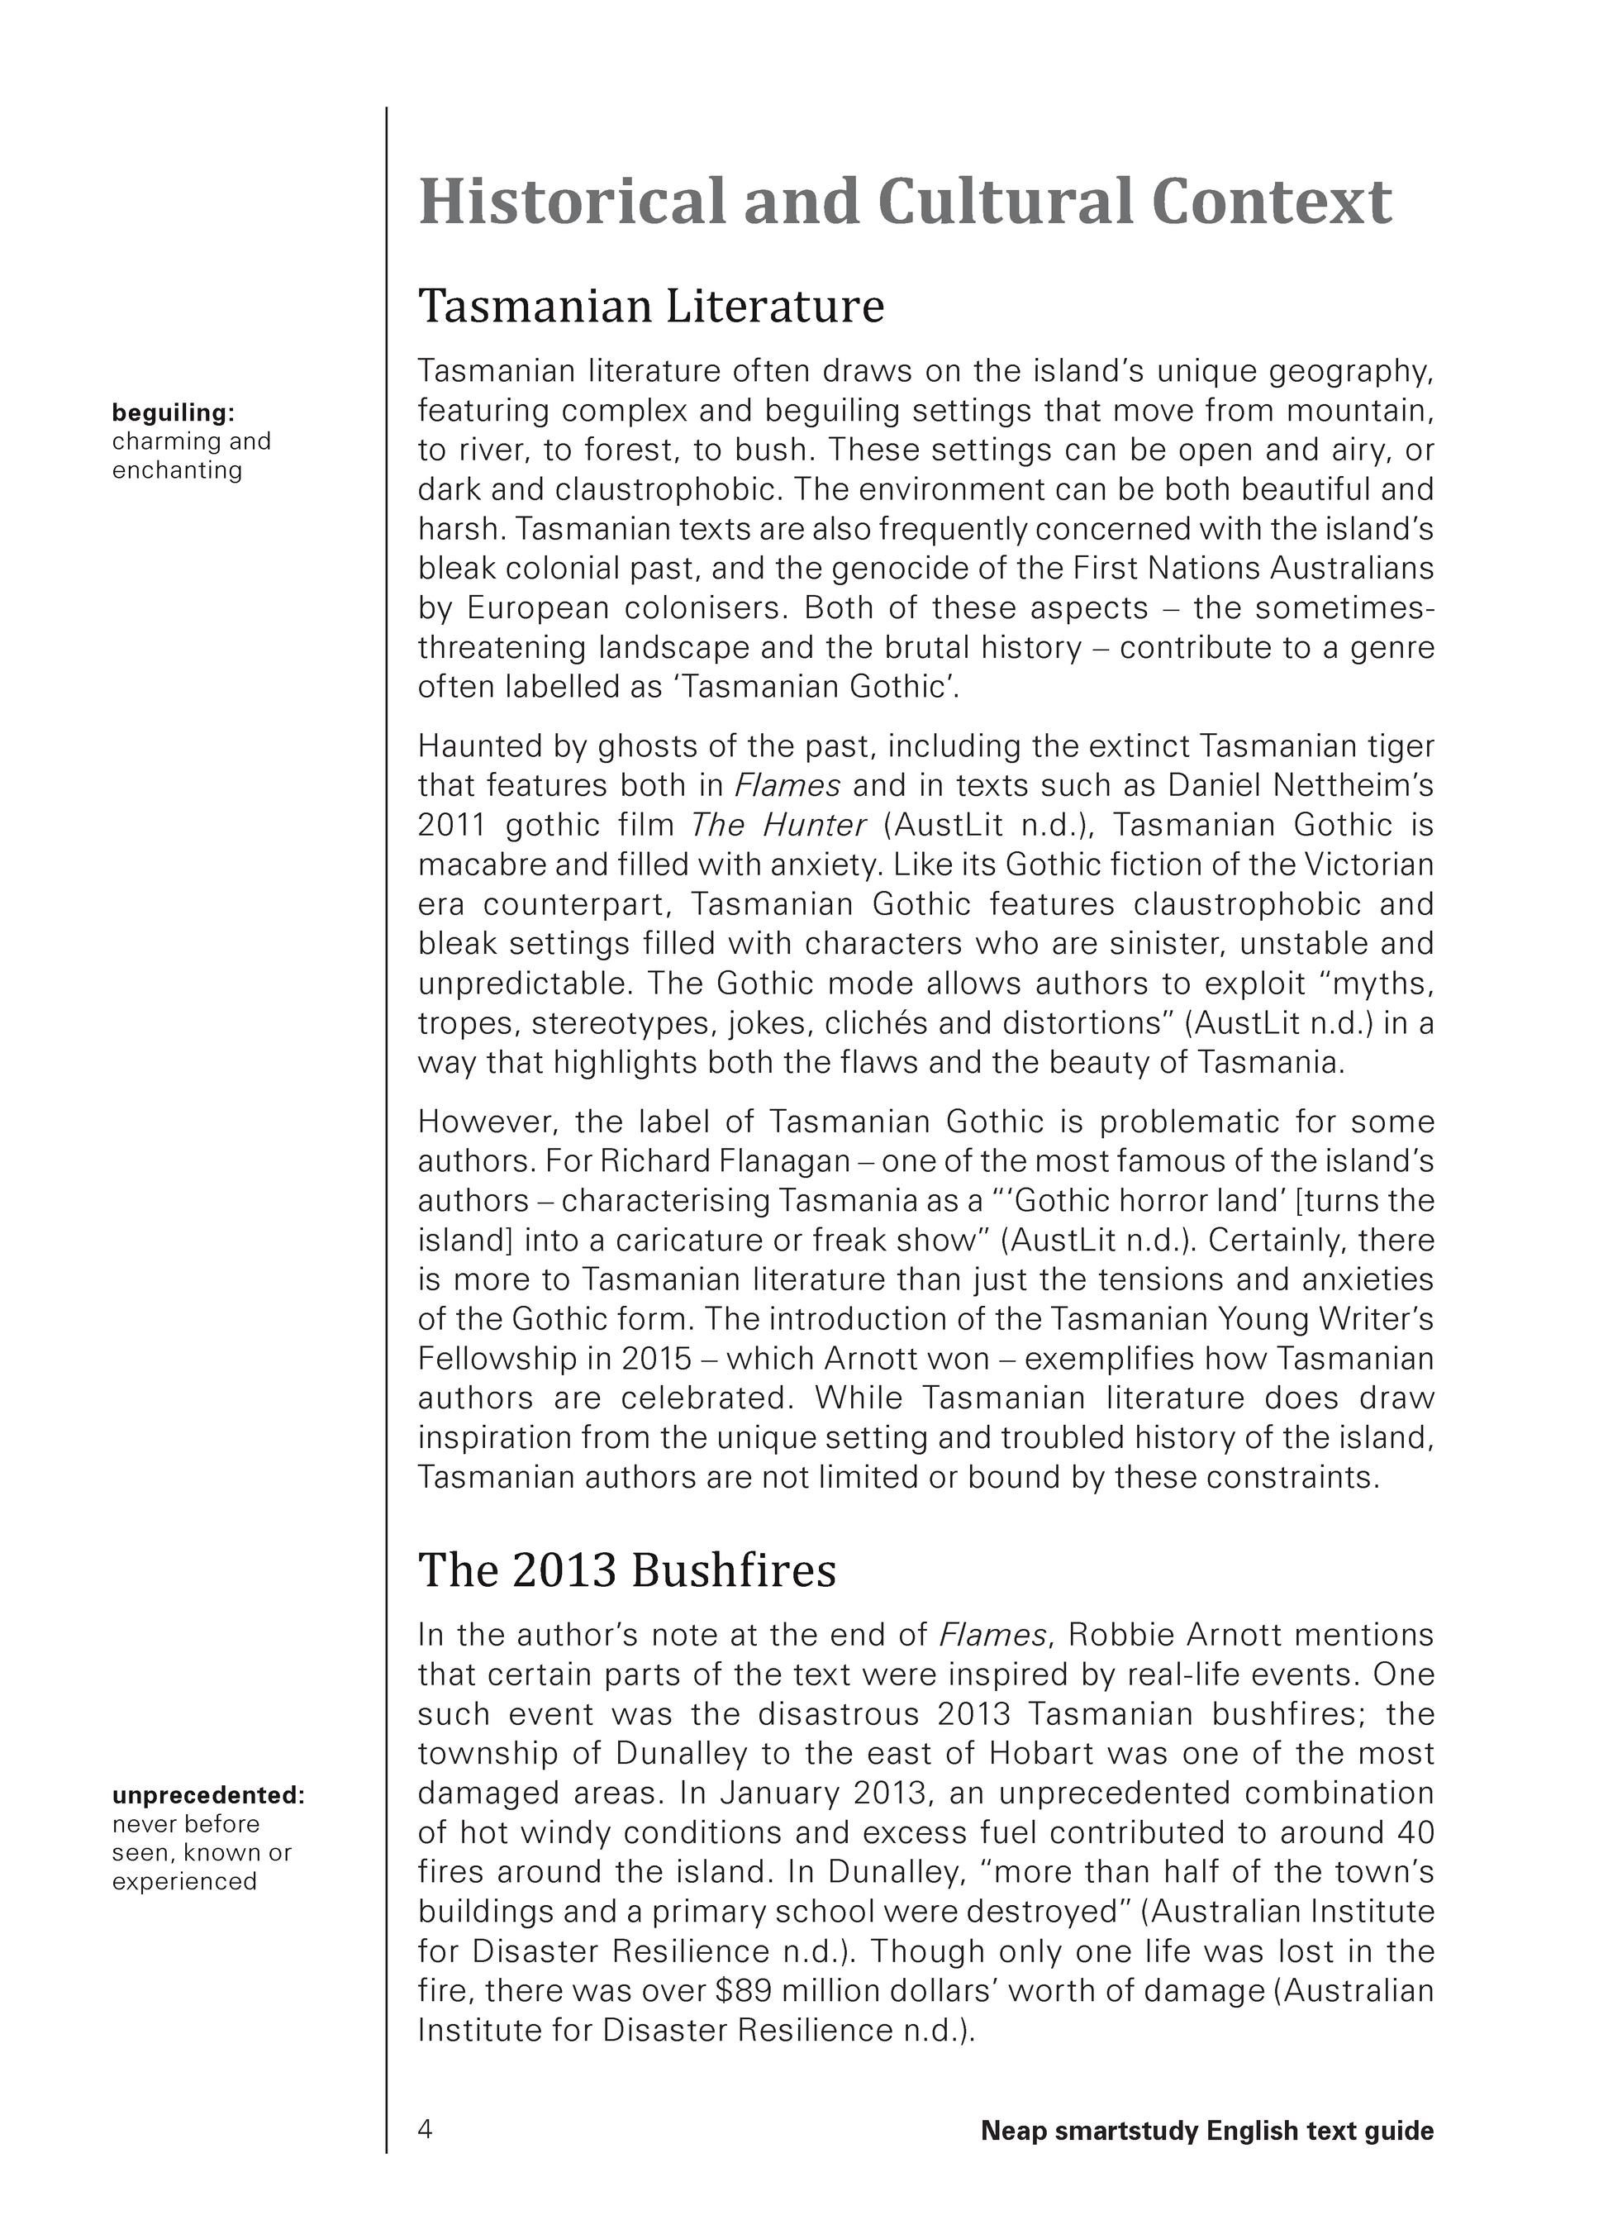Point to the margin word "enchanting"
click(177, 470)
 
